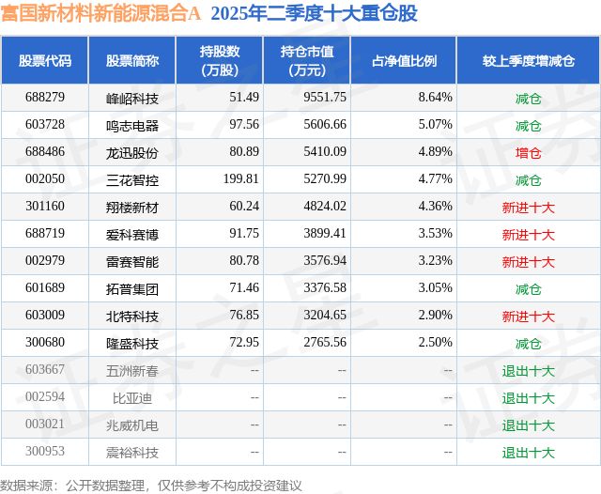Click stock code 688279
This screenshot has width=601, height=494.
pos(44,98)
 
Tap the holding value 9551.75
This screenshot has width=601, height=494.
pos(327,98)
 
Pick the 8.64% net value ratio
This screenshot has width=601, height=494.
pos(435,98)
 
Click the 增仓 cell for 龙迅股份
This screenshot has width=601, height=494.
pos(528,152)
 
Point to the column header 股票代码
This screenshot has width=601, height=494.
pos(44,61)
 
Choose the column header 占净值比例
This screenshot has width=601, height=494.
pos(411,61)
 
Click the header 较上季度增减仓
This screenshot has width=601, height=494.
pos(528,61)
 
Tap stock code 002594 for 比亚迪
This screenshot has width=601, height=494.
pos(44,398)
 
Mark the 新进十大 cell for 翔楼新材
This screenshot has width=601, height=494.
pos(528,207)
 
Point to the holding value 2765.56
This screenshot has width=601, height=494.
pos(327,343)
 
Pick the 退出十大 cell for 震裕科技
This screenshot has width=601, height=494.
pos(528,453)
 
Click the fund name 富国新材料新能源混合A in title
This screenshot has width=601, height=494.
pos(100,14)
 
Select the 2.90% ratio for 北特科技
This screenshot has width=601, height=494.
pos(435,316)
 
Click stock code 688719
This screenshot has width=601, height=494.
pos(44,234)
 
